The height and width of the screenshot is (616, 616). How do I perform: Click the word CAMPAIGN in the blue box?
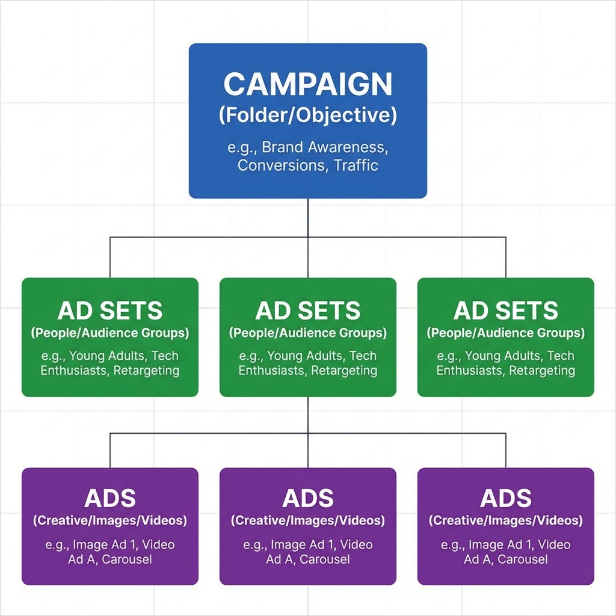[x=307, y=85]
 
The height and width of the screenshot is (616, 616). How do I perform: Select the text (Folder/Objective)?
[x=307, y=115]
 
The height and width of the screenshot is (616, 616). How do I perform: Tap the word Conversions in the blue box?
[x=281, y=165]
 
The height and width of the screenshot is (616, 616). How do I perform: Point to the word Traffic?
[x=356, y=165]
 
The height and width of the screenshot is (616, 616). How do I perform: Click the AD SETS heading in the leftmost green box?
[x=110, y=311]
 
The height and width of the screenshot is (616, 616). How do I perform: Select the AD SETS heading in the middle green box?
[x=307, y=311]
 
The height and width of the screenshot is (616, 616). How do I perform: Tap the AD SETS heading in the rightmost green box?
[x=505, y=311]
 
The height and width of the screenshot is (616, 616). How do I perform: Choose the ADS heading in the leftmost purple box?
[x=110, y=498]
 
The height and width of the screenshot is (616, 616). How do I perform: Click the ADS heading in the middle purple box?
[x=307, y=498]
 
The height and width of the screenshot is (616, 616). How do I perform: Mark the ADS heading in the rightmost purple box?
[x=505, y=498]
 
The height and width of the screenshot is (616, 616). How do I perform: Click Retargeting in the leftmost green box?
[x=146, y=371]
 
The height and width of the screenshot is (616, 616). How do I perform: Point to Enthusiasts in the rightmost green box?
[x=470, y=371]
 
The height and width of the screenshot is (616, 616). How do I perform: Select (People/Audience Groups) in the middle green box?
[x=307, y=333]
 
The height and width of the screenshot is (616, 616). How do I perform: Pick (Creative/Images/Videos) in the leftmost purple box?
[x=110, y=520]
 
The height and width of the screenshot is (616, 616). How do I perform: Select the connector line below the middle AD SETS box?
[x=308, y=415]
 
